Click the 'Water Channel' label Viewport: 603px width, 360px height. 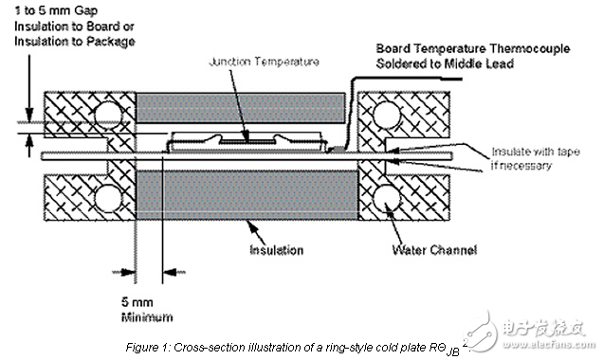[434, 250]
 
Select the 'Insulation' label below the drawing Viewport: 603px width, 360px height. [277, 250]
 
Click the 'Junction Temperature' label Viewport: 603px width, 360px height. [264, 62]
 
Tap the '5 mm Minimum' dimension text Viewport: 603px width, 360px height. [147, 310]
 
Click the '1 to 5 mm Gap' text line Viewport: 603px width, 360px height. [56, 10]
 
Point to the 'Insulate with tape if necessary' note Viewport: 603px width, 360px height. [536, 158]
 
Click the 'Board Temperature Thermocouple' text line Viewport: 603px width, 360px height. [472, 49]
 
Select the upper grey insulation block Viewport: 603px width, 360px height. [241, 108]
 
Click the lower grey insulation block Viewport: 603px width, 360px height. [247, 195]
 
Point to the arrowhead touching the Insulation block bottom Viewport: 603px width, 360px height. [252, 226]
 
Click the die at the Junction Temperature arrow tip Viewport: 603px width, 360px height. [247, 141]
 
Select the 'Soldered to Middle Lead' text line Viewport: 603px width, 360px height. [445, 63]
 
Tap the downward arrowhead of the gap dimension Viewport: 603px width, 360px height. [29, 115]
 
